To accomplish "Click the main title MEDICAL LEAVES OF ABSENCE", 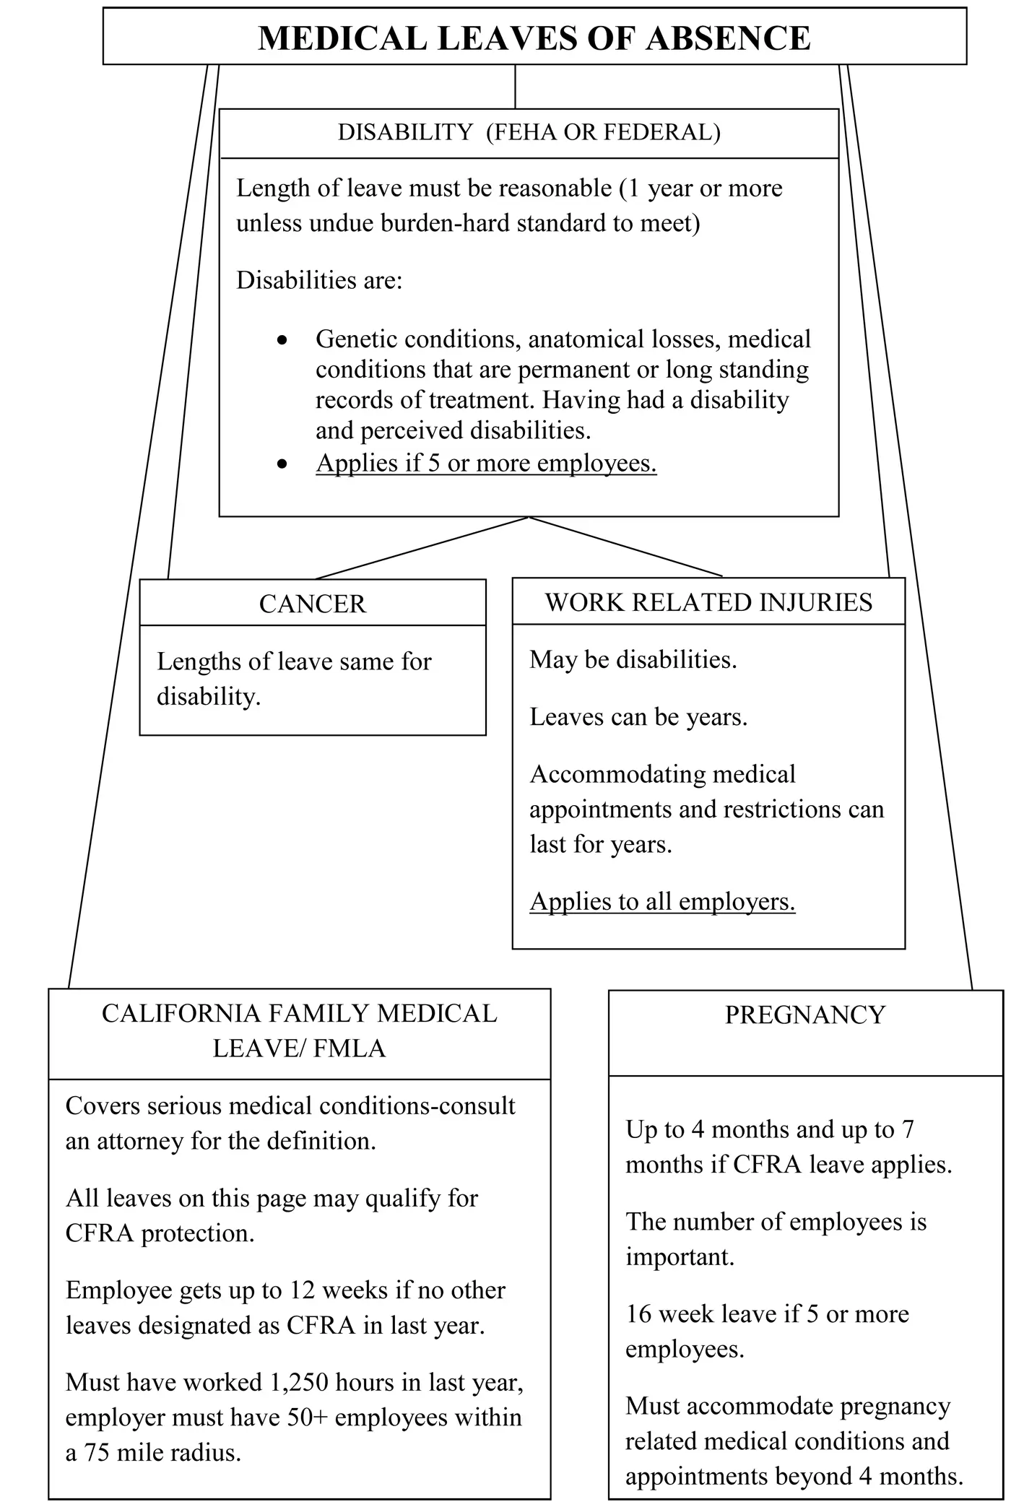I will (x=534, y=38).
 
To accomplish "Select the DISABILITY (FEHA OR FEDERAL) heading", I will (x=529, y=132).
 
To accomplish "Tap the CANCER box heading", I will (x=312, y=604).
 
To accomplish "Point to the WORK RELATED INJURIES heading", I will (x=708, y=602).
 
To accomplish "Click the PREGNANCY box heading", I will (x=804, y=1015).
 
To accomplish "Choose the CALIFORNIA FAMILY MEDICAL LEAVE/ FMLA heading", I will (x=299, y=1031).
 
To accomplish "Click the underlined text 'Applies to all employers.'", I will (x=662, y=901).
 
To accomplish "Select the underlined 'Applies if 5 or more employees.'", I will (x=486, y=463).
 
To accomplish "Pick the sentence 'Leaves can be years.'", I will (x=638, y=717).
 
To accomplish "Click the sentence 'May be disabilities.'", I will (x=633, y=660).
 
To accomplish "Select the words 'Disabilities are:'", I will (x=319, y=280).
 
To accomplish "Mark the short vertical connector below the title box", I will (x=515, y=87).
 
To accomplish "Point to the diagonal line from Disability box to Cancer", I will (x=422, y=548).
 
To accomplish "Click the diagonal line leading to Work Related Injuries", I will (x=625, y=547).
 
